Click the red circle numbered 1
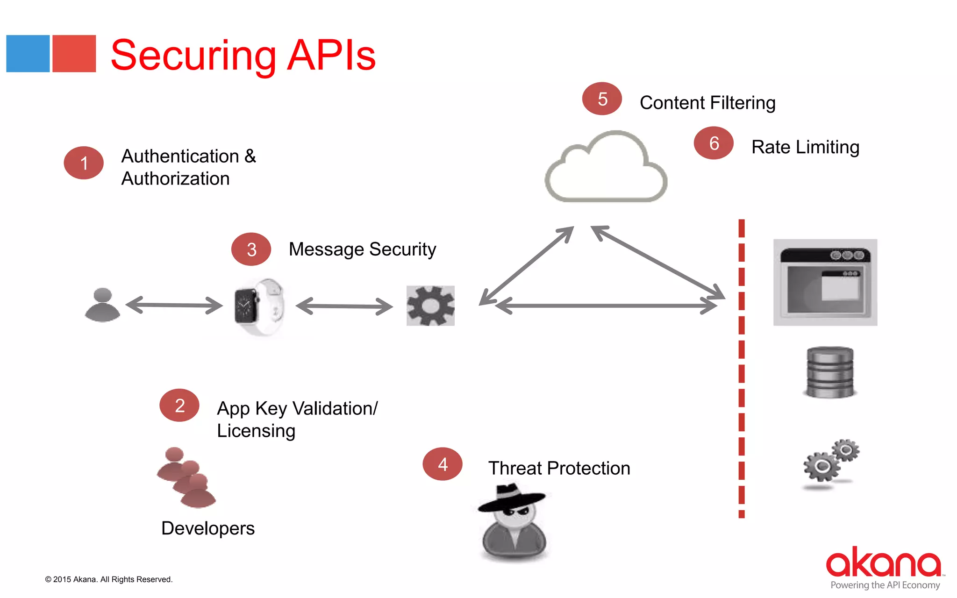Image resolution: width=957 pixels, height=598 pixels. pyautogui.click(x=84, y=163)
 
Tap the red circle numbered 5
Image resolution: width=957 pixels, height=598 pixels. pyautogui.click(x=602, y=99)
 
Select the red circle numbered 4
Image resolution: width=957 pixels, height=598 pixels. pyautogui.click(x=442, y=464)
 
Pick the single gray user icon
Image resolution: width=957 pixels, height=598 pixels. pyautogui.click(x=103, y=305)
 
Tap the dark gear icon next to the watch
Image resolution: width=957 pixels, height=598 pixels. pyautogui.click(x=430, y=306)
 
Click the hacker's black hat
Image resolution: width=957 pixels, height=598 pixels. pyautogui.click(x=512, y=497)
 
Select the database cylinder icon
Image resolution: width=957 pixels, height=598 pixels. pyautogui.click(x=830, y=372)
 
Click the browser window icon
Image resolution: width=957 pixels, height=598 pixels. pyautogui.click(x=825, y=283)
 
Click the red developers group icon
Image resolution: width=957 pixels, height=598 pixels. pyautogui.click(x=186, y=477)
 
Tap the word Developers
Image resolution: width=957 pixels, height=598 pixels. pyautogui.click(x=208, y=528)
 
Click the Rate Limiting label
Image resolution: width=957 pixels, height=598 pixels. pyautogui.click(x=805, y=147)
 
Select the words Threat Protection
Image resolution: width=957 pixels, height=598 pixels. pyautogui.click(x=559, y=468)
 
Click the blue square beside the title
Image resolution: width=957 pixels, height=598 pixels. pyautogui.click(x=28, y=54)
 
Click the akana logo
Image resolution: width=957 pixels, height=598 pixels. pyautogui.click(x=883, y=563)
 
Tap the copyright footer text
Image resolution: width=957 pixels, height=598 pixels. pyautogui.click(x=109, y=579)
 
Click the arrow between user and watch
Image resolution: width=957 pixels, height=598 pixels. pyautogui.click(x=174, y=305)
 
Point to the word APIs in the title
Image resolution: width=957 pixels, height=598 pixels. pyautogui.click(x=331, y=56)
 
